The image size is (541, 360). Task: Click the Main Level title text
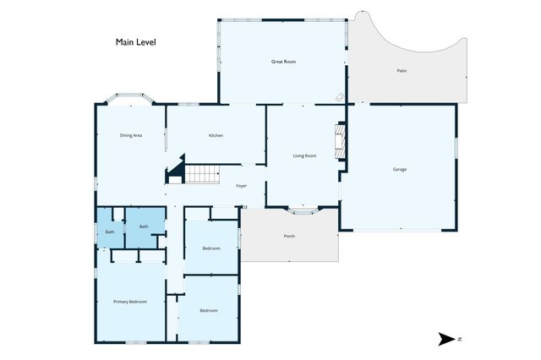pyautogui.click(x=135, y=42)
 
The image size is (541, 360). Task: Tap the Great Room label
pyautogui.click(x=283, y=62)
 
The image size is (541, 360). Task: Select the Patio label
pyautogui.click(x=402, y=71)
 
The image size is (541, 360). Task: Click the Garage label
pyautogui.click(x=400, y=169)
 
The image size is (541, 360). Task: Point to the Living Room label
pyautogui.click(x=304, y=155)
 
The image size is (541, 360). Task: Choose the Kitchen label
pyautogui.click(x=216, y=135)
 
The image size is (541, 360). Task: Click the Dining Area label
pyautogui.click(x=131, y=135)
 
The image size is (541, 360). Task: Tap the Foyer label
pyautogui.click(x=241, y=186)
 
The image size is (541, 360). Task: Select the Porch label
pyautogui.click(x=289, y=237)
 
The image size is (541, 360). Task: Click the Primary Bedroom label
pyautogui.click(x=130, y=302)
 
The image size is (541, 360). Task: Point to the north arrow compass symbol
pyautogui.click(x=447, y=339)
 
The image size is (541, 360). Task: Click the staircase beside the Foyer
pyautogui.click(x=202, y=174)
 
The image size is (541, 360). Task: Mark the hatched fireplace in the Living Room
pyautogui.click(x=340, y=140)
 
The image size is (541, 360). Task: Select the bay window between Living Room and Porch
pyautogui.click(x=303, y=211)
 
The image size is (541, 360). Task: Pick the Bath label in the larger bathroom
pyautogui.click(x=144, y=226)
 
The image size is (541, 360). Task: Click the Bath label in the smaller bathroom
pyautogui.click(x=110, y=232)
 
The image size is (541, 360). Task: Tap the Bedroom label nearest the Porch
pyautogui.click(x=211, y=248)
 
